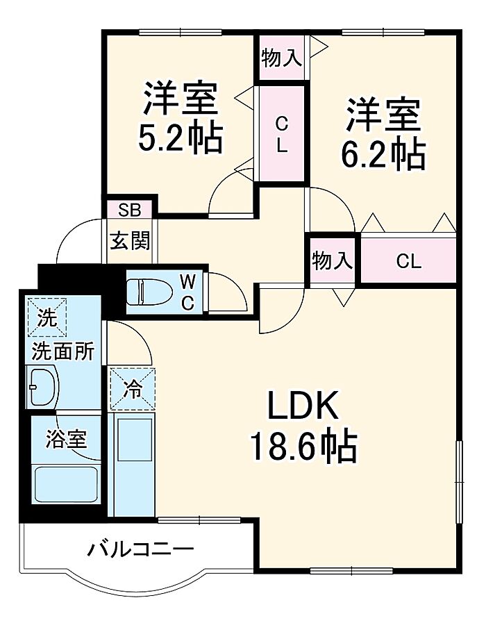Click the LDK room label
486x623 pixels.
pos(303,407)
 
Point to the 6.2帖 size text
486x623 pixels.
pos(383,154)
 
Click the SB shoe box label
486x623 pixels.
pos(129,210)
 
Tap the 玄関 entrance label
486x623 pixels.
pos(130,240)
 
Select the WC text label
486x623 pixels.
pos(187,292)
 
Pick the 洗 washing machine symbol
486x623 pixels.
pos(47,319)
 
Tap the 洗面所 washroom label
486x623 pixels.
pos(62,351)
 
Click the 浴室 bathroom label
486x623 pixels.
pos(66,439)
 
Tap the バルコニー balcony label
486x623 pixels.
pos(140,551)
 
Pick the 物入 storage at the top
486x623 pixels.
pos(281,59)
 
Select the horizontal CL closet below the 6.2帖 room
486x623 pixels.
pos(408,261)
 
